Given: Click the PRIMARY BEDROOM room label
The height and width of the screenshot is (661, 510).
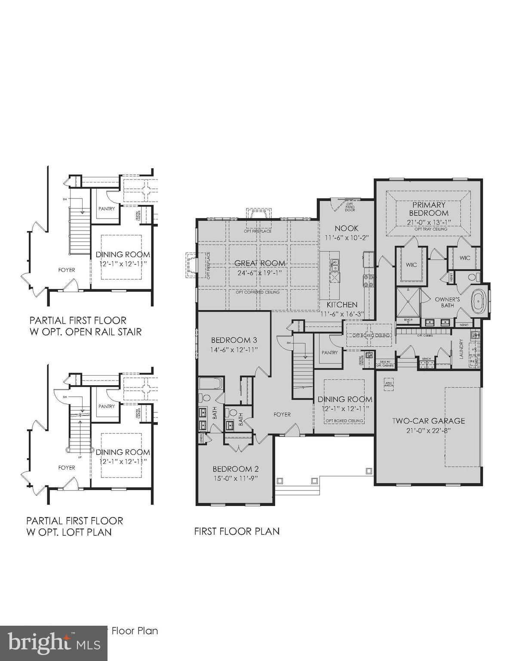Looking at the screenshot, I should point(428,209).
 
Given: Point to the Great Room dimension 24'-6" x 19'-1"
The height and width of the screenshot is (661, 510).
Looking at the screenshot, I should point(260,273).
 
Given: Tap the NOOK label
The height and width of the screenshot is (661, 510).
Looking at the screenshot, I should point(347,228).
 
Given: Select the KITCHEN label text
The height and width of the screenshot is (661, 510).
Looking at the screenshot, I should point(342,305).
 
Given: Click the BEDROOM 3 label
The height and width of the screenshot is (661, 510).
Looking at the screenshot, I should point(234,340).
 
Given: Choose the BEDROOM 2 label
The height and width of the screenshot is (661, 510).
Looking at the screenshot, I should point(236,469).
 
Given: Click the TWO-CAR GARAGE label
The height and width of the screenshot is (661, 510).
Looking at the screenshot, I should point(428,421).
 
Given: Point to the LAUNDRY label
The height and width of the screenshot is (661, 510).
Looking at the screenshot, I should point(461,349).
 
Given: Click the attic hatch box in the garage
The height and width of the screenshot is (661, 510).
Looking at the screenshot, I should point(389,384).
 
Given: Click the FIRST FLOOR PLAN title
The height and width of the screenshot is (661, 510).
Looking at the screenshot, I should point(237,531).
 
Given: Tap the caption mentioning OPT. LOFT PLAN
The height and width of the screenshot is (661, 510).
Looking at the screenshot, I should point(75,526).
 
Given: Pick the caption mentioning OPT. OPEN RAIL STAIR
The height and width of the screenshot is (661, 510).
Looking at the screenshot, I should point(85,326).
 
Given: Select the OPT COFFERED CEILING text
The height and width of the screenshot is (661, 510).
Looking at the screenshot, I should point(257,292).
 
